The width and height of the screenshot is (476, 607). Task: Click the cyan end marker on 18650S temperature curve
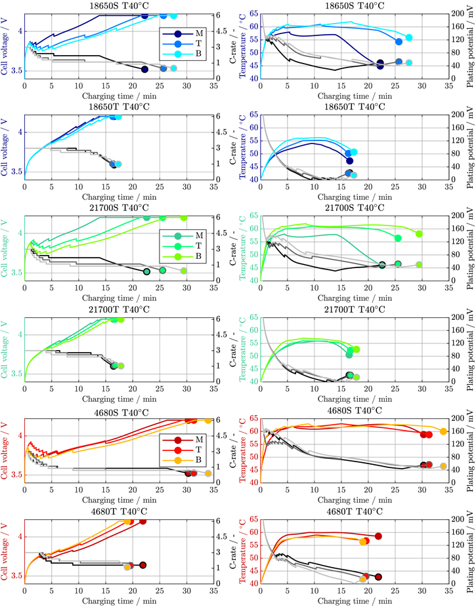409,38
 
